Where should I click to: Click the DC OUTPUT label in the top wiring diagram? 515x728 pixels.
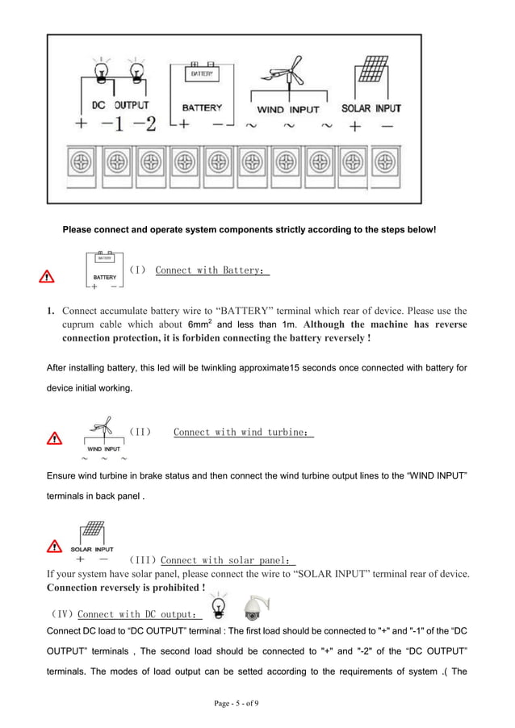coord(119,106)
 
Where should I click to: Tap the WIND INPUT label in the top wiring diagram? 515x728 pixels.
coord(288,109)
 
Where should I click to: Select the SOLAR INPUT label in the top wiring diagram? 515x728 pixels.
coord(371,108)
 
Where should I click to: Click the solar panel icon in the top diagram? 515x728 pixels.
coord(372,71)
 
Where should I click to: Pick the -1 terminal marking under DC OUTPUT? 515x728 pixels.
coord(112,125)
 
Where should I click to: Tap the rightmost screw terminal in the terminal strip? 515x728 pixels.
coord(385,161)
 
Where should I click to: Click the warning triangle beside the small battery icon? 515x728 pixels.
coord(48,277)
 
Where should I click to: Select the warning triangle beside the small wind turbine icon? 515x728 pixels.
coord(54,438)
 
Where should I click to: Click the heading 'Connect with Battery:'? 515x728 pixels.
coord(211,270)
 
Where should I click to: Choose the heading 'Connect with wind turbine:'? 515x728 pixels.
coord(242,432)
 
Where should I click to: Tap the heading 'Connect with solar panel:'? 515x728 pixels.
coord(228,560)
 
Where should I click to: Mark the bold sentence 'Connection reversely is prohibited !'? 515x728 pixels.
coord(126,587)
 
